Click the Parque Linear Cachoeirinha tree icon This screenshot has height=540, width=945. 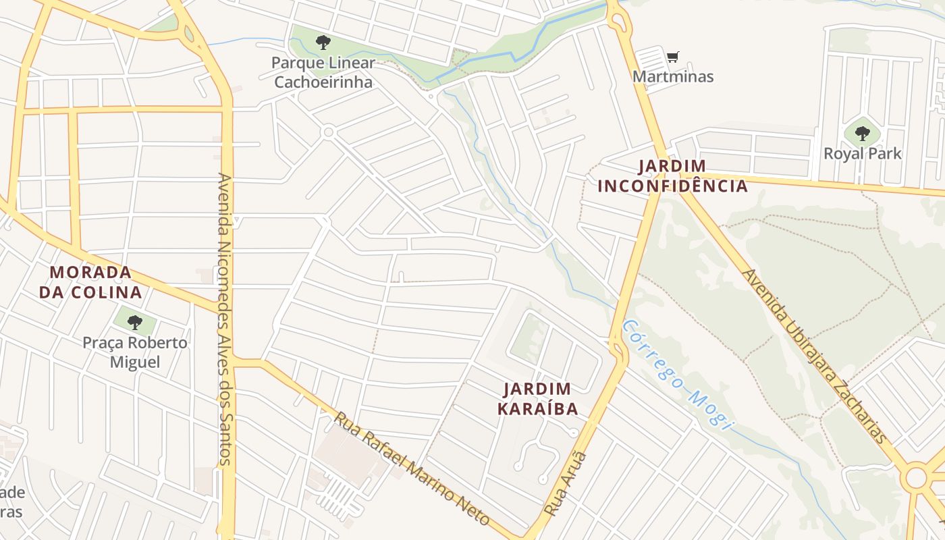(323, 43)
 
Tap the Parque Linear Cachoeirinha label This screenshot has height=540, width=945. (323, 72)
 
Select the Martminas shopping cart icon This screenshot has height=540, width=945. (672, 57)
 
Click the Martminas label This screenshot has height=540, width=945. (673, 76)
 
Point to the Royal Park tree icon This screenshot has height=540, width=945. (862, 133)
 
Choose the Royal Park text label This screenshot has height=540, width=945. (862, 153)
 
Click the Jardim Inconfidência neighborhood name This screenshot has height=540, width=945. (673, 175)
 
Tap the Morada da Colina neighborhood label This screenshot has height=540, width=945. (90, 282)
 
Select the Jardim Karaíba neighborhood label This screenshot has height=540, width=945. (538, 398)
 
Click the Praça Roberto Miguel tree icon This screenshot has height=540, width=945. (135, 322)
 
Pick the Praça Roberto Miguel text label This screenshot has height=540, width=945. (135, 352)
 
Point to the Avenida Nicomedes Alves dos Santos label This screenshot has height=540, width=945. (225, 319)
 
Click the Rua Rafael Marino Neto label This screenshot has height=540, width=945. (411, 468)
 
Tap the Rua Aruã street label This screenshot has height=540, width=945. (566, 484)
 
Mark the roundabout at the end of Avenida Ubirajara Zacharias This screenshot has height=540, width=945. (916, 478)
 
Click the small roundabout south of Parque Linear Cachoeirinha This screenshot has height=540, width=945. (329, 132)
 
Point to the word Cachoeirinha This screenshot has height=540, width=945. (323, 82)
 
